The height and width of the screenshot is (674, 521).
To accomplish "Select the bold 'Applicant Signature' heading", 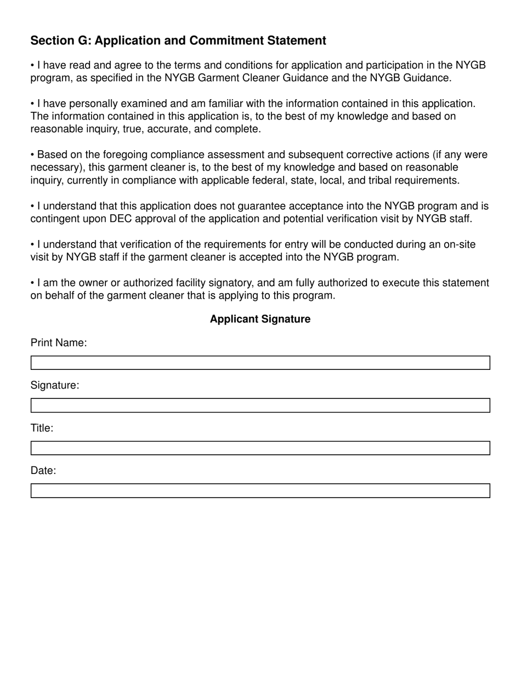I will click(260, 319).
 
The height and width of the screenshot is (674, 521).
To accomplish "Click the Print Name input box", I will click(260, 363).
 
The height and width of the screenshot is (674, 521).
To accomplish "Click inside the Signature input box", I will click(260, 405).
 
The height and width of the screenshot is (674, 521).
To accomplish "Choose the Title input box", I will click(260, 448).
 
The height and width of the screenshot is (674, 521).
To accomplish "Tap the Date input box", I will click(260, 491).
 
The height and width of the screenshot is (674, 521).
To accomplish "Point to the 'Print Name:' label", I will click(59, 343).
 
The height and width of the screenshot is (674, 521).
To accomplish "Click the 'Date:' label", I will click(43, 471).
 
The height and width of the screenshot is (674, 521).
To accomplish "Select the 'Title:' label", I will click(42, 428).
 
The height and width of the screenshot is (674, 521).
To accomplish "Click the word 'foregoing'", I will click(126, 155).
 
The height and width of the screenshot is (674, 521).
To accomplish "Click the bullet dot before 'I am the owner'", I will click(32, 283).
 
